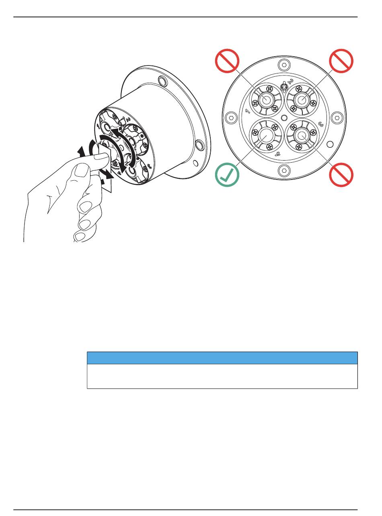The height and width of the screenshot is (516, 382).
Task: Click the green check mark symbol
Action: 227,175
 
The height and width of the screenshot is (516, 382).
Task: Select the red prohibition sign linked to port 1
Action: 227,61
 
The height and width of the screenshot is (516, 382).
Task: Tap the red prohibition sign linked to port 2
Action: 341,61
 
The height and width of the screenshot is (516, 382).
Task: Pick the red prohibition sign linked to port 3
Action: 341,175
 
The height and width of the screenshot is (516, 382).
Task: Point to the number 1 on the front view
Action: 248,111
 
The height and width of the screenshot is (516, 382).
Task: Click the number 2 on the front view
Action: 290,82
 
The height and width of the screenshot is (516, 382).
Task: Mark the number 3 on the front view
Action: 321,124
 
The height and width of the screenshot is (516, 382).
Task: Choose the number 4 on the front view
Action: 278,153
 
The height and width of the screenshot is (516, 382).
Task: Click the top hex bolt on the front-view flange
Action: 284,64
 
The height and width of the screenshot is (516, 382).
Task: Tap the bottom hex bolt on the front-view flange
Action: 284,170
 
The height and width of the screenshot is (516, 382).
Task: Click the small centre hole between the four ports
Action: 284,118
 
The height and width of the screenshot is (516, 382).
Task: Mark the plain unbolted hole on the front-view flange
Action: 330,144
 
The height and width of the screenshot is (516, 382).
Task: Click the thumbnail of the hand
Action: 100,160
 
